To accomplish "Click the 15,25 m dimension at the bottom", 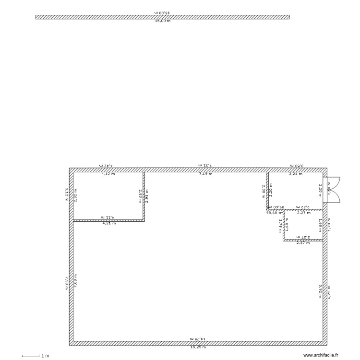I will point(198,347).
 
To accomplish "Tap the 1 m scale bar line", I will point(30,356).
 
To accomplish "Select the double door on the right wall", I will point(332,190).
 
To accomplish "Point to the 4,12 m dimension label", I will point(108,174).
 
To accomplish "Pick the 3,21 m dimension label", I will point(296,174).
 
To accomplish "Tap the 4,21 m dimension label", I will point(109,223).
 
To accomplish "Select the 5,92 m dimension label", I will point(320,291).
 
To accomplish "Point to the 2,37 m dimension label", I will point(303,243).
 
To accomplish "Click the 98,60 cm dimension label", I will point(276,212).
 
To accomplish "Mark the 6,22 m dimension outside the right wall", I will point(329,291).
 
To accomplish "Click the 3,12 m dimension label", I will point(67,195).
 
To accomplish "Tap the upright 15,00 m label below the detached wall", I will point(162,22).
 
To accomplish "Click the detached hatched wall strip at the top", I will point(162,17).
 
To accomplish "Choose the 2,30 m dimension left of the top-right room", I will point(264,191).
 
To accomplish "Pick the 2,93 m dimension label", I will point(147,196).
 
